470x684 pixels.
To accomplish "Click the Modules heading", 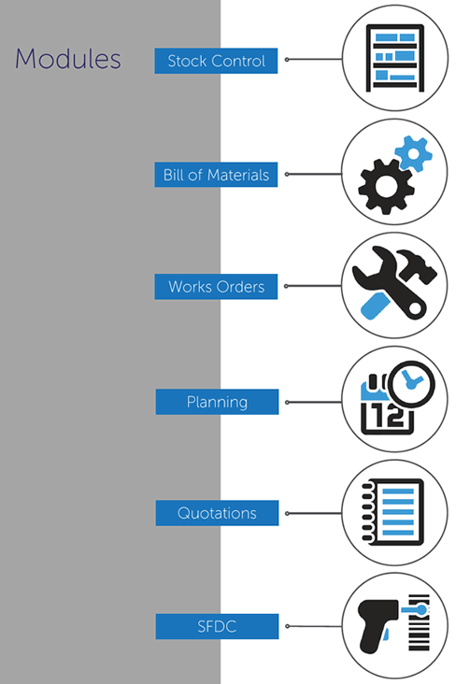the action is click(x=68, y=59).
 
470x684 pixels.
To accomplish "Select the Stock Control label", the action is click(x=216, y=61).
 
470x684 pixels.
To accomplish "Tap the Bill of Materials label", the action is click(x=216, y=175).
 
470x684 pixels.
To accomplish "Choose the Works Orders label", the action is click(x=216, y=287).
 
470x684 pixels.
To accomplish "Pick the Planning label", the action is click(x=217, y=402).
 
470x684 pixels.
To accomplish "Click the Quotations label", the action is click(x=217, y=513).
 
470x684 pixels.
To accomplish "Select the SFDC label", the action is click(x=217, y=626).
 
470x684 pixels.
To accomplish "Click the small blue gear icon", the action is click(x=413, y=153).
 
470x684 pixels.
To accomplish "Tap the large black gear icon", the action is click(x=386, y=186).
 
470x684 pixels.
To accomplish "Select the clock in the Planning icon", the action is click(x=411, y=383).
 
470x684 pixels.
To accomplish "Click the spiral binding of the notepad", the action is click(x=368, y=512).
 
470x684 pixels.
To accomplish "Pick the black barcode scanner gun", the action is click(x=377, y=625).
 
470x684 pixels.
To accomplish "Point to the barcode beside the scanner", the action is click(x=419, y=622).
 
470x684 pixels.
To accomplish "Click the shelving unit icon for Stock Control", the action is click(x=395, y=59).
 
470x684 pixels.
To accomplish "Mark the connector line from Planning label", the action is click(x=315, y=402).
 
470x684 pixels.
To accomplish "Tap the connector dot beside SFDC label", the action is click(x=287, y=626).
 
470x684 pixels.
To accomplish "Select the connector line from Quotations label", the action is click(x=315, y=513).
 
